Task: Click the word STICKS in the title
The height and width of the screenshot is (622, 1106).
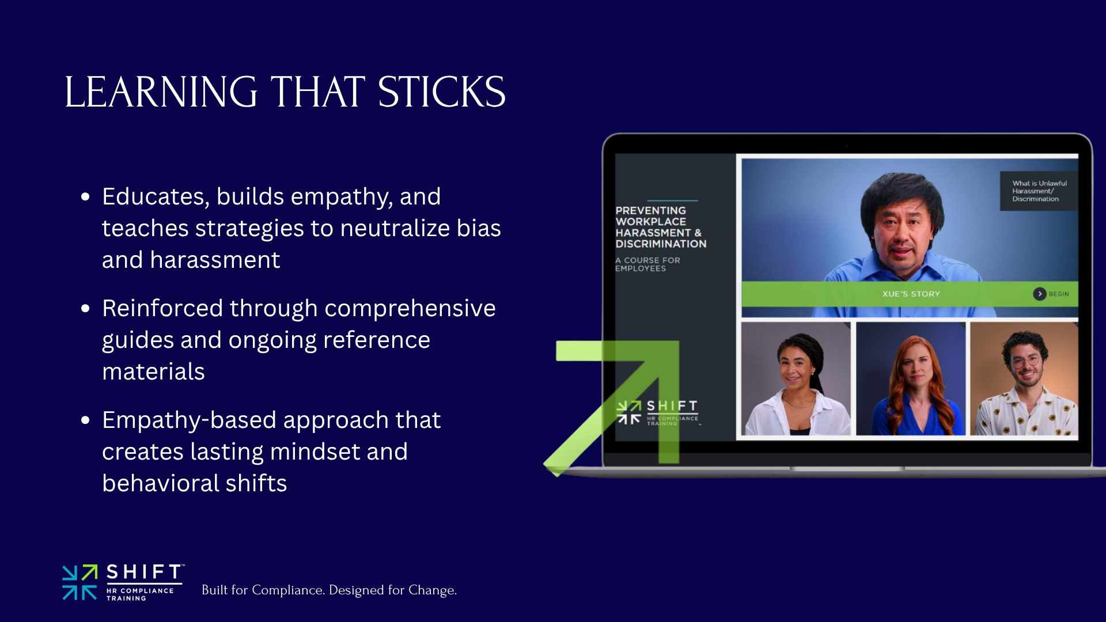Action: [441, 92]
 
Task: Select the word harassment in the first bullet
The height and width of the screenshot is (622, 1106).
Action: [215, 260]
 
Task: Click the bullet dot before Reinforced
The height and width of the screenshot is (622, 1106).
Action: [85, 309]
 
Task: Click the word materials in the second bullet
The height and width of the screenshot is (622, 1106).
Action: [153, 372]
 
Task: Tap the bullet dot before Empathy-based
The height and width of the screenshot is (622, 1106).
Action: [85, 420]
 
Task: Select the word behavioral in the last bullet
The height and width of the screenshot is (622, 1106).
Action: [160, 484]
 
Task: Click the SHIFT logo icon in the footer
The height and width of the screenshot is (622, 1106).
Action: [79, 582]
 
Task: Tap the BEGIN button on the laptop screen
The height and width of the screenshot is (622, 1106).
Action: [1051, 294]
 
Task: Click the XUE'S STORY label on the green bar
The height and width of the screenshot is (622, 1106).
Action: [911, 294]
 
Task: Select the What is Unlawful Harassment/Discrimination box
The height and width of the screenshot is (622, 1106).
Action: [1038, 191]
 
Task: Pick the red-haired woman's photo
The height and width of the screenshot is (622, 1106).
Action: [911, 378]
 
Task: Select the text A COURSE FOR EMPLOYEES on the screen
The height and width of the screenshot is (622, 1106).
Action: [647, 264]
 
